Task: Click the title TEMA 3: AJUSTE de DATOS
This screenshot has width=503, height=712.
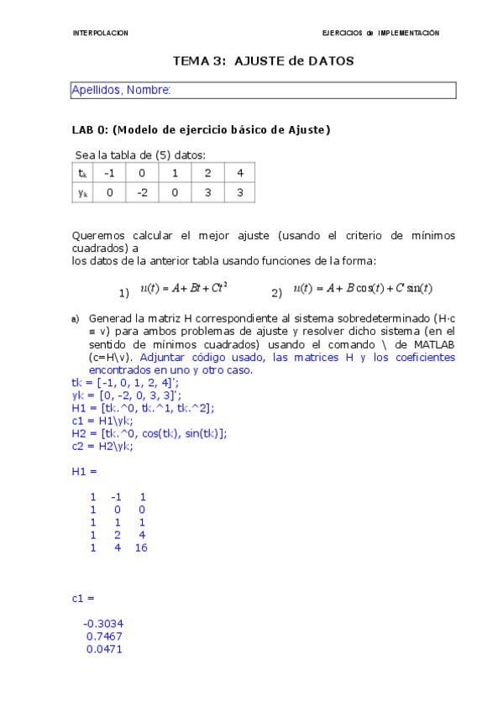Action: [263, 61]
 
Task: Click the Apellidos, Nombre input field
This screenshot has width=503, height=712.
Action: [263, 90]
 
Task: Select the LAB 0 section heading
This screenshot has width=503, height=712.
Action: [202, 129]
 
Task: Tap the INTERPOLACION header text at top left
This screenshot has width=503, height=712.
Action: [101, 33]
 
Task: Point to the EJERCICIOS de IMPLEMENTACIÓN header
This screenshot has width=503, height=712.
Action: [380, 33]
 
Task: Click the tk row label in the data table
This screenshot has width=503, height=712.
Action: [82, 173]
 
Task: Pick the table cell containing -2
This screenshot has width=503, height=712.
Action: [142, 192]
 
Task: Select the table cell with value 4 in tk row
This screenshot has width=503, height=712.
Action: [240, 173]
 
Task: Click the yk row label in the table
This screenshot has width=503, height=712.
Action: [82, 192]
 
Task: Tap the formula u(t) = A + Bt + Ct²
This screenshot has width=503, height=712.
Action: [184, 288]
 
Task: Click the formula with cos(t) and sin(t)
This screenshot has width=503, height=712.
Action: [363, 288]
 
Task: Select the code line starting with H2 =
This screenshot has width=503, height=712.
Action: [149, 433]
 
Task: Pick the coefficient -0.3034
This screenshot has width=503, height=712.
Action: [103, 623]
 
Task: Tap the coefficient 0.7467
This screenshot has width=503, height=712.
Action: [105, 636]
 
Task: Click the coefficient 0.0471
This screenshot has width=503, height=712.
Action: [105, 648]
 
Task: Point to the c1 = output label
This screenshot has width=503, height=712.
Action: [83, 598]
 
